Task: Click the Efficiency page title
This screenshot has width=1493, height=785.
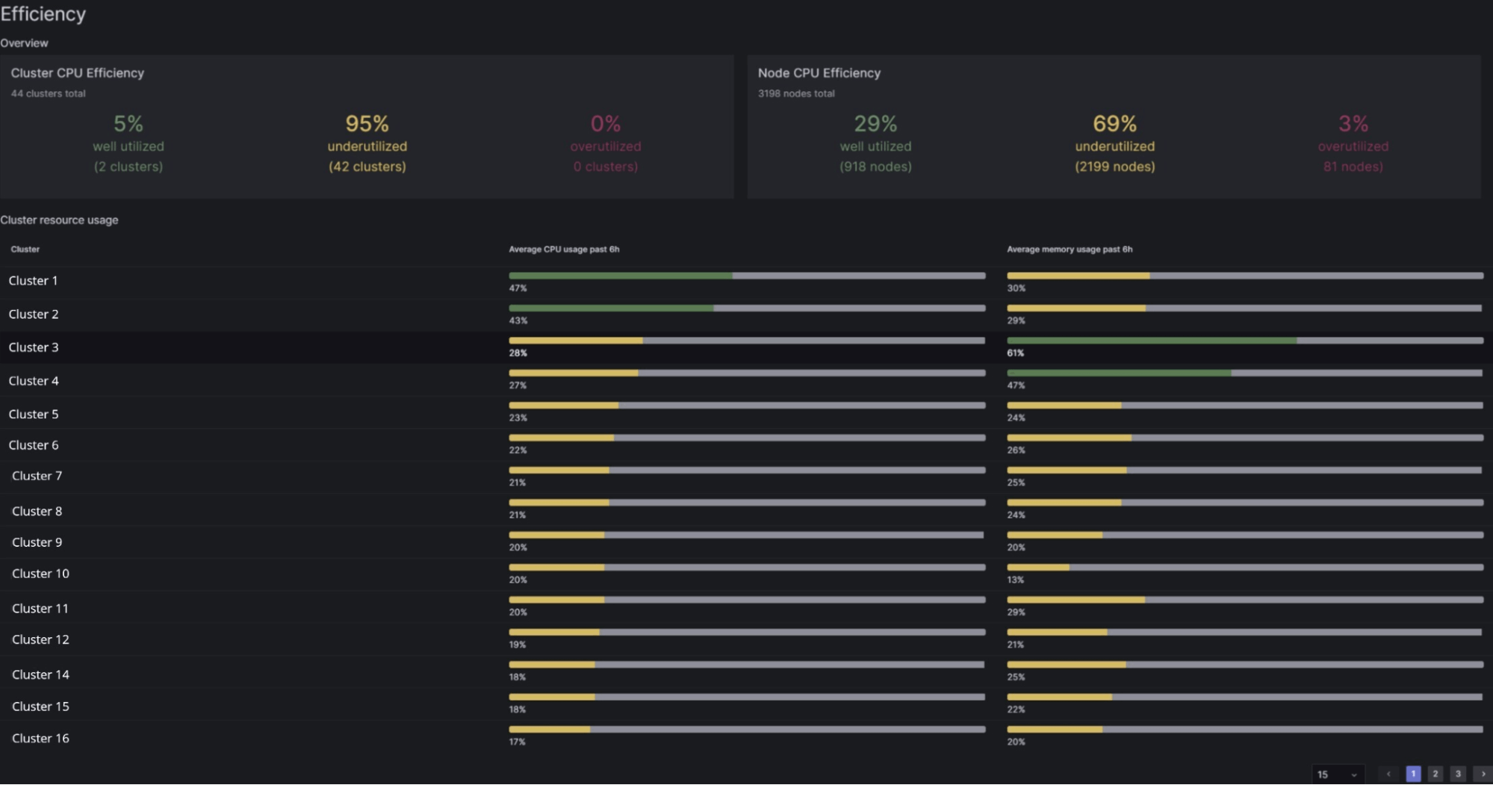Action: (x=43, y=14)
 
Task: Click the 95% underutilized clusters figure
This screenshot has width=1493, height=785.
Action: (x=367, y=123)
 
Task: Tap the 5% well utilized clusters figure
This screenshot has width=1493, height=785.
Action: (x=128, y=123)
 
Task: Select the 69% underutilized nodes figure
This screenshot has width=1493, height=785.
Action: (x=1114, y=123)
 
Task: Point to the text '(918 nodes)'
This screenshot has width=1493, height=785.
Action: (x=875, y=167)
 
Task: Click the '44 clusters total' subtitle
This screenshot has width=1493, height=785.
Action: (x=48, y=93)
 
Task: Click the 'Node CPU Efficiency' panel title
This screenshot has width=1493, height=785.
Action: (x=819, y=73)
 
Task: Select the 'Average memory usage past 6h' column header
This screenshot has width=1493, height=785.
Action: (x=1070, y=249)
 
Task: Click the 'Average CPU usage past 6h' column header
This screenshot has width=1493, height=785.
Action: (x=564, y=249)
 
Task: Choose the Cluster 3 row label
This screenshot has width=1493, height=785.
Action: (x=34, y=347)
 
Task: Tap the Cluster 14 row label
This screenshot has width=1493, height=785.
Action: (x=40, y=674)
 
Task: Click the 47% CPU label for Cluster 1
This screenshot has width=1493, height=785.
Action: (x=518, y=288)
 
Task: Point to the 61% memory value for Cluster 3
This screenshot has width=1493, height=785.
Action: (x=1015, y=353)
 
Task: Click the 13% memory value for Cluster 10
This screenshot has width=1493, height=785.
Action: (x=1015, y=580)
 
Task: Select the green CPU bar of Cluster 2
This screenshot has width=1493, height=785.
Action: (x=611, y=308)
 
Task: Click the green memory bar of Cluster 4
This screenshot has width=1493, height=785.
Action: (x=1118, y=373)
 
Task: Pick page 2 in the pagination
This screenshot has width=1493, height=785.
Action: (x=1435, y=774)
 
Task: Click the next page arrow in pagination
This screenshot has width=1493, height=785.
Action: (x=1483, y=774)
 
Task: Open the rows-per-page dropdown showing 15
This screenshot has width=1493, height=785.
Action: (x=1337, y=775)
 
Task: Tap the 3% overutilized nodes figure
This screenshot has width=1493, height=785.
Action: (x=1353, y=123)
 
